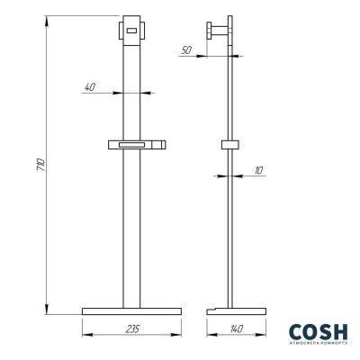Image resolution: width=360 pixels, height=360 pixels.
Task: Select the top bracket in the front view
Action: pyautogui.click(x=131, y=28)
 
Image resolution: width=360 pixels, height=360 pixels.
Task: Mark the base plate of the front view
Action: pyautogui.click(x=131, y=310)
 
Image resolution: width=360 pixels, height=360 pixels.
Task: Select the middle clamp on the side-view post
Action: pyautogui.click(x=229, y=147)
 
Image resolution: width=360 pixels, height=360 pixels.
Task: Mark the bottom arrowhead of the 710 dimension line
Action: pyautogui.click(x=46, y=310)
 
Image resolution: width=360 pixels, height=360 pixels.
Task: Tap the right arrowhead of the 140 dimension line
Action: pyautogui.click(x=265, y=337)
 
